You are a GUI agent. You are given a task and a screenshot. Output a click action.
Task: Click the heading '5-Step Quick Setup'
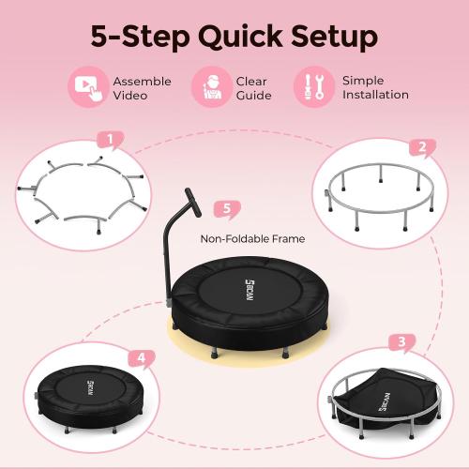coord(234,36)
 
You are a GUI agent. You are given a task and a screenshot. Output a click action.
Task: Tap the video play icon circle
coord(87,88)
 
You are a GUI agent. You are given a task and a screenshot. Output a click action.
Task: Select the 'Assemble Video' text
coord(142,88)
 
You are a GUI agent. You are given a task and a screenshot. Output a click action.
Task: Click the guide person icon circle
coord(212,88)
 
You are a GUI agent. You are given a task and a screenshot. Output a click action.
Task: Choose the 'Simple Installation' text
coord(375,88)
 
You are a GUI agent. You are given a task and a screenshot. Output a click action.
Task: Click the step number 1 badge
coord(110,142)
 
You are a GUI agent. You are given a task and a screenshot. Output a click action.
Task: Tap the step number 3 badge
coord(401,343)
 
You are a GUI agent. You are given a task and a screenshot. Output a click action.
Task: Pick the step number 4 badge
coord(141,357)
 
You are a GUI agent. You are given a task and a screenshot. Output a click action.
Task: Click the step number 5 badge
coord(222,208)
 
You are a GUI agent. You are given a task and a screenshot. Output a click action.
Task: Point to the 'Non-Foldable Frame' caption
coord(252,239)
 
